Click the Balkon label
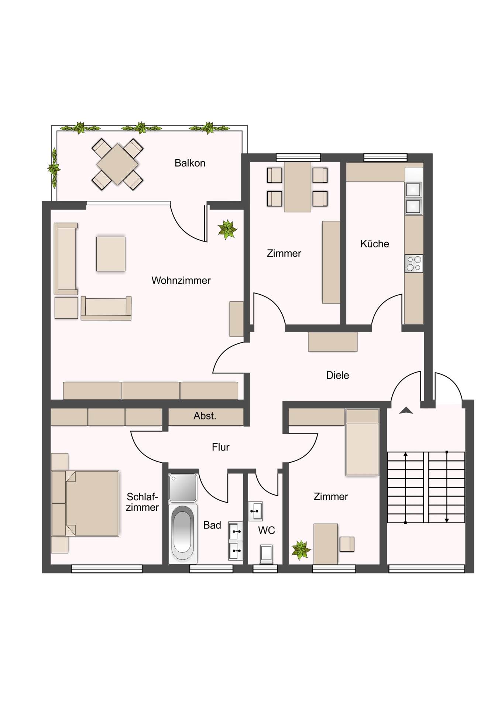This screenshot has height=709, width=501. (190, 163)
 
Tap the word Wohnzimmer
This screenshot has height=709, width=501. (181, 280)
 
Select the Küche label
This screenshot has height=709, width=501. (375, 244)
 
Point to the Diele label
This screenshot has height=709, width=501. (337, 375)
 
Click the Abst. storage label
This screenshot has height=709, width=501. (205, 416)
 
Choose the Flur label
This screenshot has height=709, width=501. (221, 447)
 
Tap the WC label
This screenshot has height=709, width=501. (267, 530)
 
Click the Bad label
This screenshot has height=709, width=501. (212, 525)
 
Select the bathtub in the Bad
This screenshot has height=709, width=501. (183, 534)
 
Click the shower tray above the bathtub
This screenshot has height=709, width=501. (183, 488)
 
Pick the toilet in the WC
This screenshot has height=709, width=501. (266, 554)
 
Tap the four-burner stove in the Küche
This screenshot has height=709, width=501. (414, 264)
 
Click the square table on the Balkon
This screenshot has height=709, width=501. (117, 164)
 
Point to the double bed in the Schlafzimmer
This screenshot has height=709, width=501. (85, 503)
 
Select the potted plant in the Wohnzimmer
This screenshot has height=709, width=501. (227, 230)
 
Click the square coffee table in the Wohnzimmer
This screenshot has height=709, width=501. (111, 254)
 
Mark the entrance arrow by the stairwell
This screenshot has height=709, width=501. (406, 410)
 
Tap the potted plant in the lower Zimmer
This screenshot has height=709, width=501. (301, 550)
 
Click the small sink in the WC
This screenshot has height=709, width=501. (255, 511)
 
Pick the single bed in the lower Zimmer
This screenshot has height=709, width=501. (363, 442)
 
